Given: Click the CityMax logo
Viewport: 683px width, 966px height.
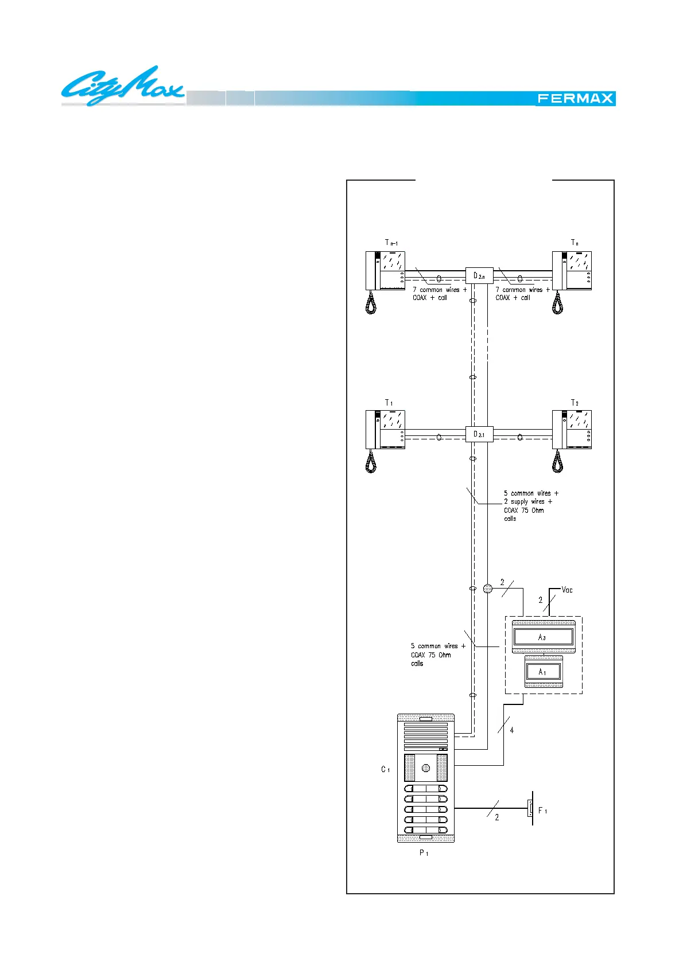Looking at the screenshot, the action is [x=122, y=87].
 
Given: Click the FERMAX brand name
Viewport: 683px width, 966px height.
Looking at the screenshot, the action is [x=575, y=99].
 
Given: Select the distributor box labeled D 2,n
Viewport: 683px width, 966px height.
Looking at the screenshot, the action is [x=479, y=276].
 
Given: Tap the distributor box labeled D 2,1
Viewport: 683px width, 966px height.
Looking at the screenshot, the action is [x=479, y=434].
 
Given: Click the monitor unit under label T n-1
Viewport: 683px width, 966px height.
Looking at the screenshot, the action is [x=385, y=270].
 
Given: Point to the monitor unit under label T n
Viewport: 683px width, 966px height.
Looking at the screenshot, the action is [x=572, y=270].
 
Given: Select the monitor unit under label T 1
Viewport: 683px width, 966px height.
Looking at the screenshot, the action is [x=385, y=429].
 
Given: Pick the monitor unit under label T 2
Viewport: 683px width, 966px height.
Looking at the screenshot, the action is [x=572, y=429].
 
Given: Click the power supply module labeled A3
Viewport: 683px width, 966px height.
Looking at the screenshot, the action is [x=543, y=637].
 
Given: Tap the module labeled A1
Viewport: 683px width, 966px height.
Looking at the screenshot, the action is [x=543, y=672].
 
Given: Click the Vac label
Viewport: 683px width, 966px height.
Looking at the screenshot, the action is [x=567, y=590].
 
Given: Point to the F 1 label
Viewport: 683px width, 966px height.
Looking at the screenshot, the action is [x=542, y=811].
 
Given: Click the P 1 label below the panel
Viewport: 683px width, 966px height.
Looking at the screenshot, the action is [x=424, y=853].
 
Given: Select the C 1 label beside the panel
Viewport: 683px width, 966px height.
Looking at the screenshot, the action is [x=385, y=769].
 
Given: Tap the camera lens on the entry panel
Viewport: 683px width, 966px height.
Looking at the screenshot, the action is [x=426, y=768].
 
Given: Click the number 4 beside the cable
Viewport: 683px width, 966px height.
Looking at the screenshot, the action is [x=511, y=730].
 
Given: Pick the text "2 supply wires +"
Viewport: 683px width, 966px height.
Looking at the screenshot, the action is [x=528, y=501].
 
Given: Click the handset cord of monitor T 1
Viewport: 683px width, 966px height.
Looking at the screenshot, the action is [x=371, y=461].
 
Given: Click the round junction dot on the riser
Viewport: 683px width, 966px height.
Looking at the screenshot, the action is [x=488, y=589].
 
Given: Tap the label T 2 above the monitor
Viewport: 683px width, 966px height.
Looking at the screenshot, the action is [x=575, y=403].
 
